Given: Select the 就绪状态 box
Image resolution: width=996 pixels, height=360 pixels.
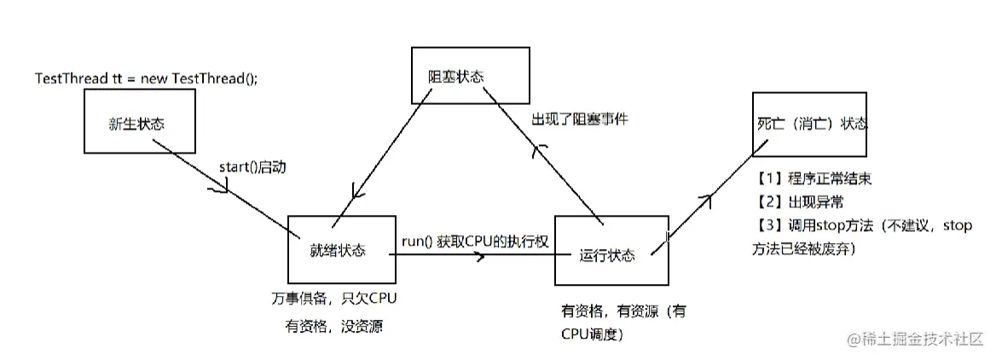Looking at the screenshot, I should tap(341, 250).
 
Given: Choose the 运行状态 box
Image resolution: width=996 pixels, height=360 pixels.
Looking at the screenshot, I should tap(609, 255).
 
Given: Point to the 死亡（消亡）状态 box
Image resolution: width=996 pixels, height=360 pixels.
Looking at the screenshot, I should tap(810, 125).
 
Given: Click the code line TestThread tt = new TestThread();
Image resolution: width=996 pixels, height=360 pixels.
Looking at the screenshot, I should tap(146, 78).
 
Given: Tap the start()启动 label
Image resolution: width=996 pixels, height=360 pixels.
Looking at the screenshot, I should tap(252, 166).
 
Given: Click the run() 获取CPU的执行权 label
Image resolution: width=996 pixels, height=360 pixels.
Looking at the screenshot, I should tap(474, 242).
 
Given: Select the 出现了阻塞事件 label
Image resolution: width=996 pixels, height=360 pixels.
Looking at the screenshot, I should tap(580, 121).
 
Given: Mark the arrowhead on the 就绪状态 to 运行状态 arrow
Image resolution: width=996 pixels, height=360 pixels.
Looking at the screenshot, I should tap(481, 255).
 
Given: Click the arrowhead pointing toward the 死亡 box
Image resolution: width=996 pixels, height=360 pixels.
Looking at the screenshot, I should tap(705, 198).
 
